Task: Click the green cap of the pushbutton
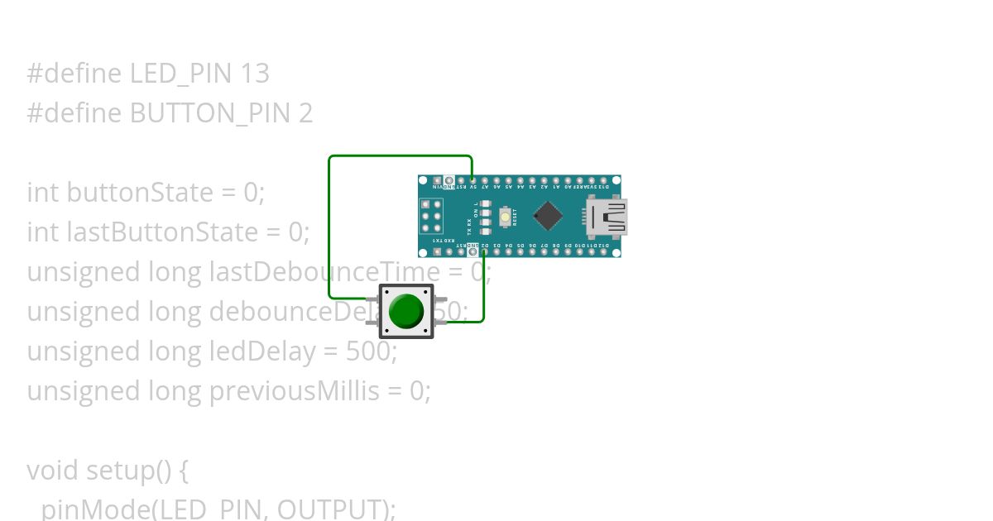coord(405,311)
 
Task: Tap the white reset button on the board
coord(505,217)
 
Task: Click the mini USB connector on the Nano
coord(607,217)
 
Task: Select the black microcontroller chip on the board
coord(547,216)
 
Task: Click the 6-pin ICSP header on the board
coord(430,216)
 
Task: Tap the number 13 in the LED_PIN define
coord(255,74)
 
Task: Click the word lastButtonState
coord(175,232)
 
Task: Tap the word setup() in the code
coord(138,471)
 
